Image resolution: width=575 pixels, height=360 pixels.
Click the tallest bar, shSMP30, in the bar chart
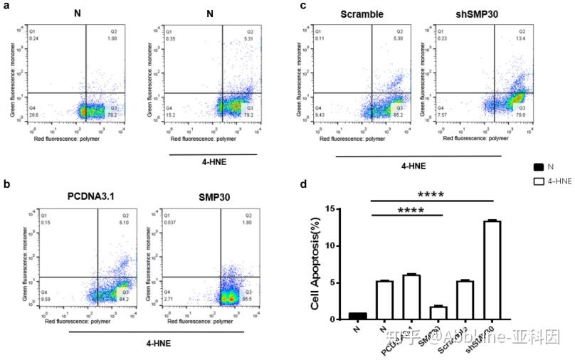pos(492,270)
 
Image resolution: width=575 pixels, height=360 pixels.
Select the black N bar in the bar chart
pos(358,316)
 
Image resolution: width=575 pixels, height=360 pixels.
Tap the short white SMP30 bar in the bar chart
pos(438,313)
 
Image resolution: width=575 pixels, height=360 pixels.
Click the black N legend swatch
pos(539,167)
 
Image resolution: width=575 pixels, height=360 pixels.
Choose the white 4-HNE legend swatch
pos(539,182)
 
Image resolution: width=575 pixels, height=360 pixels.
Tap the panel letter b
pos(6,184)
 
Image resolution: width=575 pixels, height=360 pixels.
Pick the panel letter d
pos(304,184)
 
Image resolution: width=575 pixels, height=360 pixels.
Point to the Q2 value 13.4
pos(521,39)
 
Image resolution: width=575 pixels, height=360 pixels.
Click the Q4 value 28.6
pos(33,114)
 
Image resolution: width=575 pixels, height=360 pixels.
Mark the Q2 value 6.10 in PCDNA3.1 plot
pos(124,222)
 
